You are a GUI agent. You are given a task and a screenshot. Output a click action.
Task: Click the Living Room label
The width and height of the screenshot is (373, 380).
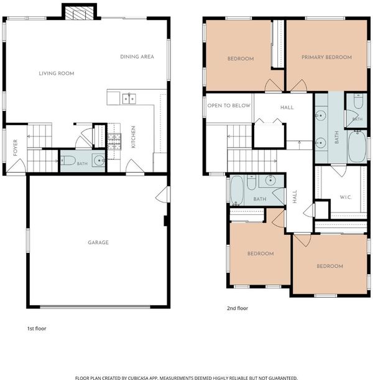[x=57, y=74]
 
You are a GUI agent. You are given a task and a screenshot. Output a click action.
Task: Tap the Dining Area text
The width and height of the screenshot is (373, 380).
[x=137, y=57]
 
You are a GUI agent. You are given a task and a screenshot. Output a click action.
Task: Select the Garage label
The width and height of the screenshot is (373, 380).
[x=98, y=242]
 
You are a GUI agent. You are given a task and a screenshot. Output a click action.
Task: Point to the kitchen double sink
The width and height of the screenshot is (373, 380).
[x=129, y=99]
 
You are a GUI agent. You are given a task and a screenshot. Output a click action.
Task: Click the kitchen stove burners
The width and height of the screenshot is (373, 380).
[x=114, y=142]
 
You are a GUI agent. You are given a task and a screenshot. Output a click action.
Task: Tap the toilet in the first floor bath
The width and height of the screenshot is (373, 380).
[x=68, y=161]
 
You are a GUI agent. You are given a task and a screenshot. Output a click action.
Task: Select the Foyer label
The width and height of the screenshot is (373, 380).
[x=16, y=148]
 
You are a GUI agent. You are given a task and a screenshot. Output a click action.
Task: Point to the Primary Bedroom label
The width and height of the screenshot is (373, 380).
[x=326, y=57]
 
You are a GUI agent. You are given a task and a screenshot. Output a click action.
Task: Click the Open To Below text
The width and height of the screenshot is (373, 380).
[x=229, y=106]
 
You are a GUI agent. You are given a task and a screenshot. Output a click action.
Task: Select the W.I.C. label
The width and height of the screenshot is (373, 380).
[x=346, y=197]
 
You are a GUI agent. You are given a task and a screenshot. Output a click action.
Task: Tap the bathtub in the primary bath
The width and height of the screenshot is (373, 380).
[x=357, y=146]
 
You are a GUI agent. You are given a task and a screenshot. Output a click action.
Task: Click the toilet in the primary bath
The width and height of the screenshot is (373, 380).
[x=358, y=102]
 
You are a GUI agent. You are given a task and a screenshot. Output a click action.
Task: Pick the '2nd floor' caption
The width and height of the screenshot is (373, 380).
[x=237, y=308]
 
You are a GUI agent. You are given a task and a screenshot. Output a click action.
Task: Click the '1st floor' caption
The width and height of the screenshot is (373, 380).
[x=37, y=329]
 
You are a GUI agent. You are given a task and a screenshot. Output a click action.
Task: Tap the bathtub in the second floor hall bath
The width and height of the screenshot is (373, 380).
[x=237, y=191]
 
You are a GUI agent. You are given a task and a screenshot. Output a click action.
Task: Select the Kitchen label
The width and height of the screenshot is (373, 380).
[x=133, y=137]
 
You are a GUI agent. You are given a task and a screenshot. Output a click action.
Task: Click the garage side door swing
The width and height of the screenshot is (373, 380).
[x=162, y=194]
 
